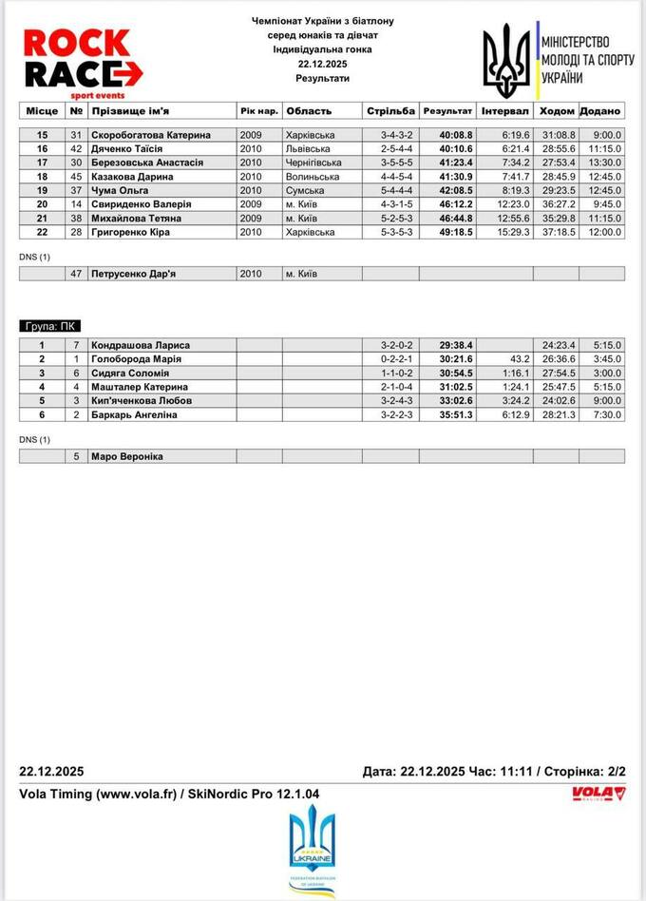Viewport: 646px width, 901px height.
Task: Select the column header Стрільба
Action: pos(389,110)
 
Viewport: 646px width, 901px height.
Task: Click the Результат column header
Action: pos(447,110)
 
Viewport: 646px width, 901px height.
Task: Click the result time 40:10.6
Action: pos(457,149)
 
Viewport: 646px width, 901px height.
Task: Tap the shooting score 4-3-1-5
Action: pos(397,204)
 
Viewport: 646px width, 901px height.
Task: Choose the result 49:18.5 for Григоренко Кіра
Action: pos(457,232)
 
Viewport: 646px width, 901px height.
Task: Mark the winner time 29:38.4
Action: pos(457,345)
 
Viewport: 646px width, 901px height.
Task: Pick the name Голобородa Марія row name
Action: pos(135,359)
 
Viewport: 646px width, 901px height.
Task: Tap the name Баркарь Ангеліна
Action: pos(134,414)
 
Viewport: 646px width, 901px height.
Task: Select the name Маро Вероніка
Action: pos(126,456)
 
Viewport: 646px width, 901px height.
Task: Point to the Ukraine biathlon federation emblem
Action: pos(313,849)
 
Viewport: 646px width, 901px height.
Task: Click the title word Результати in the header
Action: pos(322,77)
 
